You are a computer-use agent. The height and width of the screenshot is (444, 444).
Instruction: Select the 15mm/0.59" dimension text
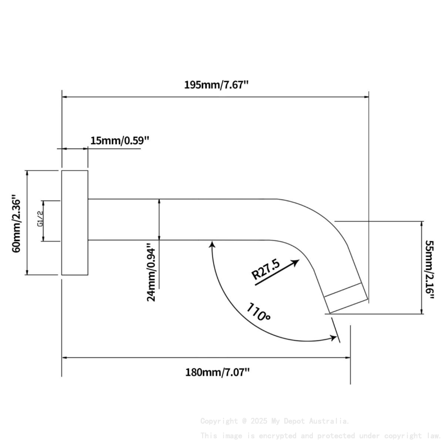click(x=120, y=141)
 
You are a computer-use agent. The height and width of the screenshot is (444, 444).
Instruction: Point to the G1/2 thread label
click(x=40, y=219)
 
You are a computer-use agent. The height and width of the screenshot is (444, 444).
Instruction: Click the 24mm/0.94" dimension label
click(x=150, y=272)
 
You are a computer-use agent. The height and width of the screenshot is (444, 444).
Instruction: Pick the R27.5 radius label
click(x=266, y=271)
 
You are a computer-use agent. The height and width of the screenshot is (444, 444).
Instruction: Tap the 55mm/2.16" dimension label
click(x=429, y=270)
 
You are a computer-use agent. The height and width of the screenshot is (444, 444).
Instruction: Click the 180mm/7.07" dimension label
click(x=217, y=372)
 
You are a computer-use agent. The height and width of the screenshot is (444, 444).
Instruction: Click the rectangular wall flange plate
click(x=75, y=223)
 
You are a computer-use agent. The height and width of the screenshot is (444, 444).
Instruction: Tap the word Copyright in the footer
click(x=218, y=421)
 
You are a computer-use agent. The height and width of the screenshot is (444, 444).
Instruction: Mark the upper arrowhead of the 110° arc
click(x=212, y=243)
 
